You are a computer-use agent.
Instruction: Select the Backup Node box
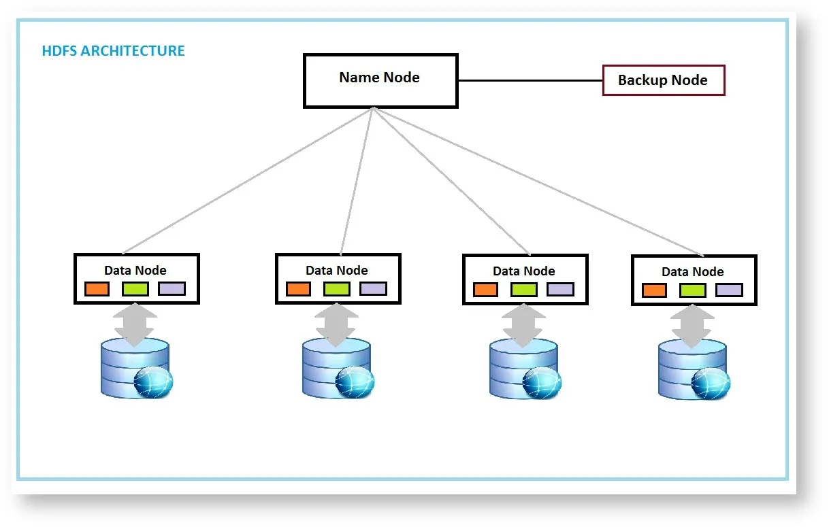[663, 80]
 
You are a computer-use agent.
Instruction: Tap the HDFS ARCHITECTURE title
[113, 51]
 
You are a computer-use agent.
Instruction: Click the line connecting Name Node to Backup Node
[530, 80]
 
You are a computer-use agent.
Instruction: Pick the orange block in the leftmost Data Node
[97, 289]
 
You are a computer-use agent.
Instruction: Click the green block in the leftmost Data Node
[135, 289]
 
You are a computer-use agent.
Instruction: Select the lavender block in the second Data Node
[373, 289]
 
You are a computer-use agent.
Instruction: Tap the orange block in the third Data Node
[485, 290]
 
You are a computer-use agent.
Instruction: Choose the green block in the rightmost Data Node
[692, 290]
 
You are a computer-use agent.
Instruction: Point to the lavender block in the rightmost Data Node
[729, 290]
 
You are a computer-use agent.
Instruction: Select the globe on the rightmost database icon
[711, 383]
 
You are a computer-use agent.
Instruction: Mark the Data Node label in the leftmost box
[135, 270]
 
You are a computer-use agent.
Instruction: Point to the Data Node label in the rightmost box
[692, 271]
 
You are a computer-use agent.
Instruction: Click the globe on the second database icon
[355, 382]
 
